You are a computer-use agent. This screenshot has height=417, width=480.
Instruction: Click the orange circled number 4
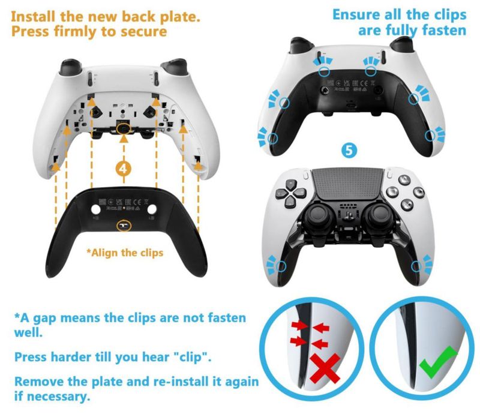click(124, 169)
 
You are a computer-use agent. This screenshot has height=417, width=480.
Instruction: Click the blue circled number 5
click(349, 151)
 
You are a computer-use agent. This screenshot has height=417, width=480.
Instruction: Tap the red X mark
click(325, 368)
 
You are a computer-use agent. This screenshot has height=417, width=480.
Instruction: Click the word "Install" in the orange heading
click(34, 17)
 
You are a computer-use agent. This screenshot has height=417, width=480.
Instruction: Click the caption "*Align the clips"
click(125, 253)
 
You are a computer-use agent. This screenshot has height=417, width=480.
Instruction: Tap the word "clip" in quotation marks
click(192, 357)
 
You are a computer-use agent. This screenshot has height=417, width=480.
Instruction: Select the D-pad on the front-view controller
click(290, 193)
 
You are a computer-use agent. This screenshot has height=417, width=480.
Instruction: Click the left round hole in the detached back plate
click(96, 209)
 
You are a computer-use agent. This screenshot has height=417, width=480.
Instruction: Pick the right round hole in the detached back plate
click(152, 209)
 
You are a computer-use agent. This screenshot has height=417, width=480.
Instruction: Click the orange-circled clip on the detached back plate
click(124, 226)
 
